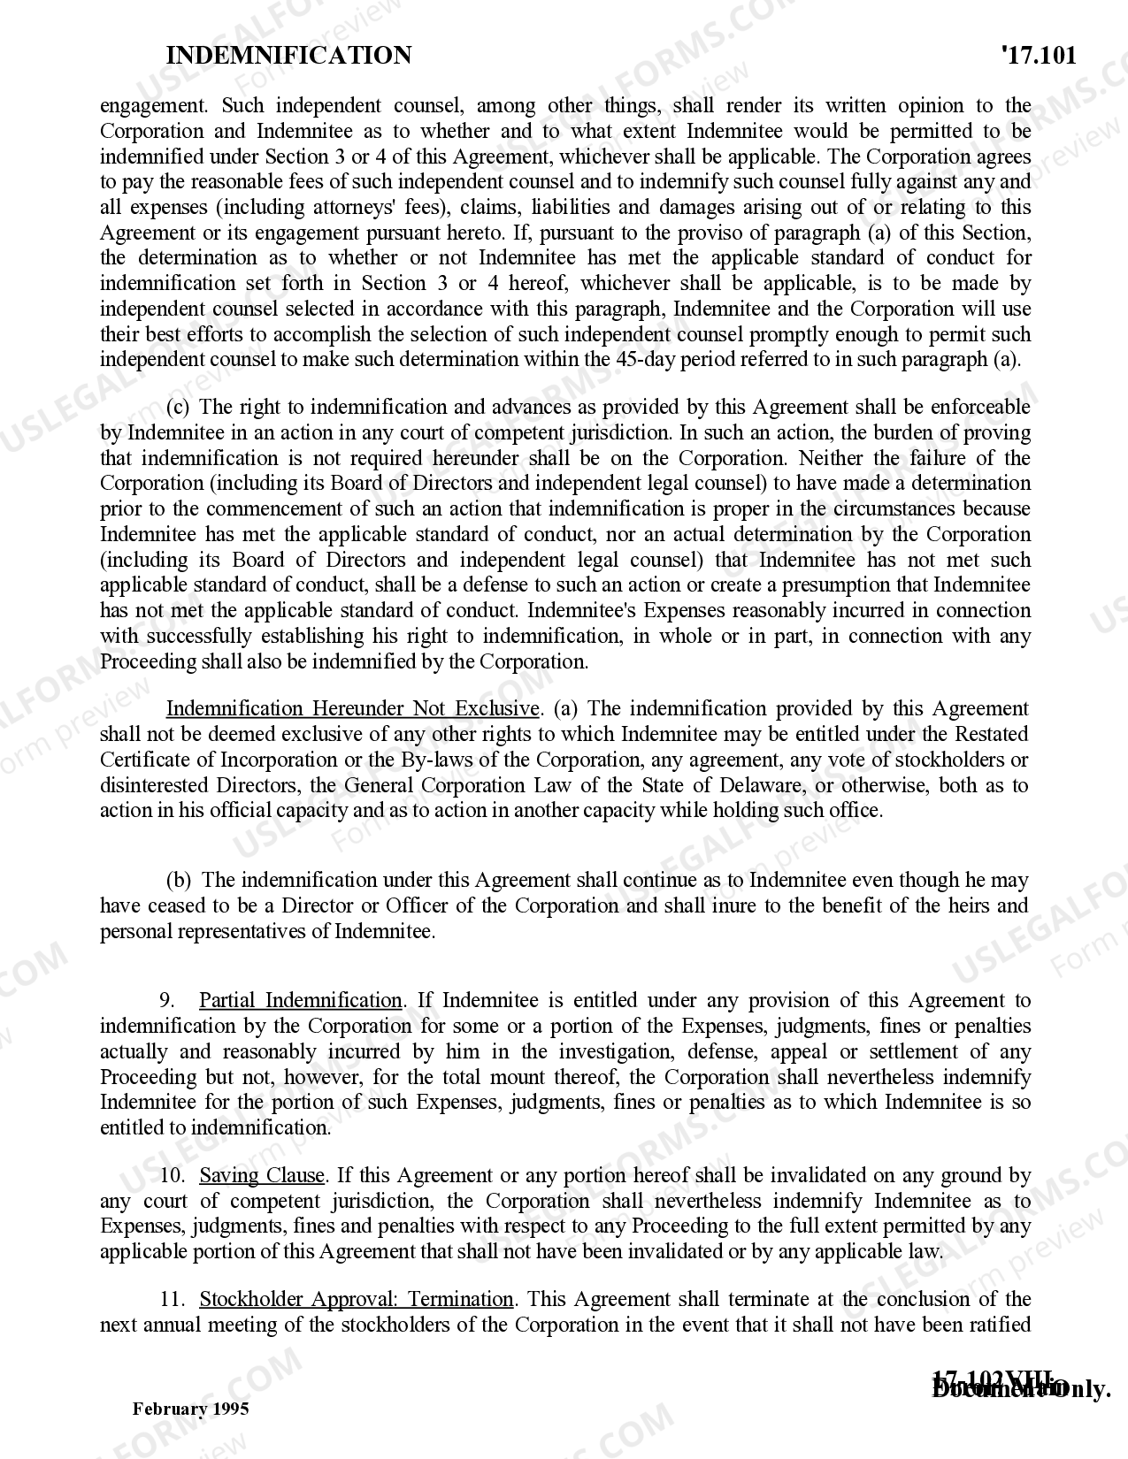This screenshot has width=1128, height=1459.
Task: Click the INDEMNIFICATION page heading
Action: tap(288, 56)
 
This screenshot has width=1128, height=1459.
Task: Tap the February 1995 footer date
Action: tap(190, 1409)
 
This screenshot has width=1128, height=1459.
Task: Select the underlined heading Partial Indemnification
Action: tap(300, 1000)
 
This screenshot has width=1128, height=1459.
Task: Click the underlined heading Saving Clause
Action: tap(262, 1175)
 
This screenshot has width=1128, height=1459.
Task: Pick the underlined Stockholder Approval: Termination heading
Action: tap(356, 1299)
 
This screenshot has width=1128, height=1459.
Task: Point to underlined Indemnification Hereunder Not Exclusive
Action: tap(352, 708)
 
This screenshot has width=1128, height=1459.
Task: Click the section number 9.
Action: tap(166, 1000)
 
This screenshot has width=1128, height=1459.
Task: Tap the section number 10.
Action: tap(172, 1175)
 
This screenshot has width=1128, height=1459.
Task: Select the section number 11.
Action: tap(172, 1299)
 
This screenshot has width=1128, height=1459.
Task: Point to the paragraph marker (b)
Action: tap(179, 880)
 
